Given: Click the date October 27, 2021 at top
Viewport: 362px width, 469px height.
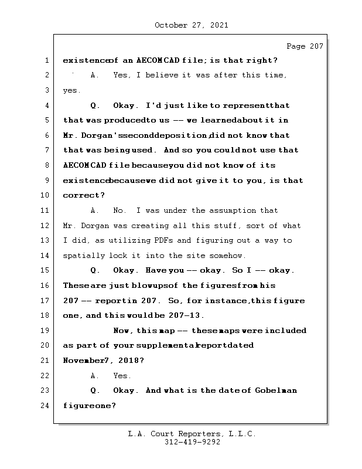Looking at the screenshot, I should pos(191,25).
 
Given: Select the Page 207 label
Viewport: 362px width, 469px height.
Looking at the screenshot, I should pos(304,46).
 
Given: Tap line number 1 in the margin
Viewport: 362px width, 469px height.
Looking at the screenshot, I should pos(46,60).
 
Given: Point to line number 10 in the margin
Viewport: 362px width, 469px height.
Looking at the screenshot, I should pos(46,195).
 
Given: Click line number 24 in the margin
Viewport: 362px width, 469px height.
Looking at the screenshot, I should pos(46,406).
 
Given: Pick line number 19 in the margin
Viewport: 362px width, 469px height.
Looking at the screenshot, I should pos(46,331).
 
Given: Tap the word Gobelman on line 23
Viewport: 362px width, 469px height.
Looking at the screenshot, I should pos(276,390).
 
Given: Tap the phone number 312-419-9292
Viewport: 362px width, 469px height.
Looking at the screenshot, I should pos(192,443).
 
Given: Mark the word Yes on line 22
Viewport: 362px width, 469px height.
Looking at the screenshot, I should pos(121,376).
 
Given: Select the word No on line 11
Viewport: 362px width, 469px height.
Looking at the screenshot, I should pos(119,210).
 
